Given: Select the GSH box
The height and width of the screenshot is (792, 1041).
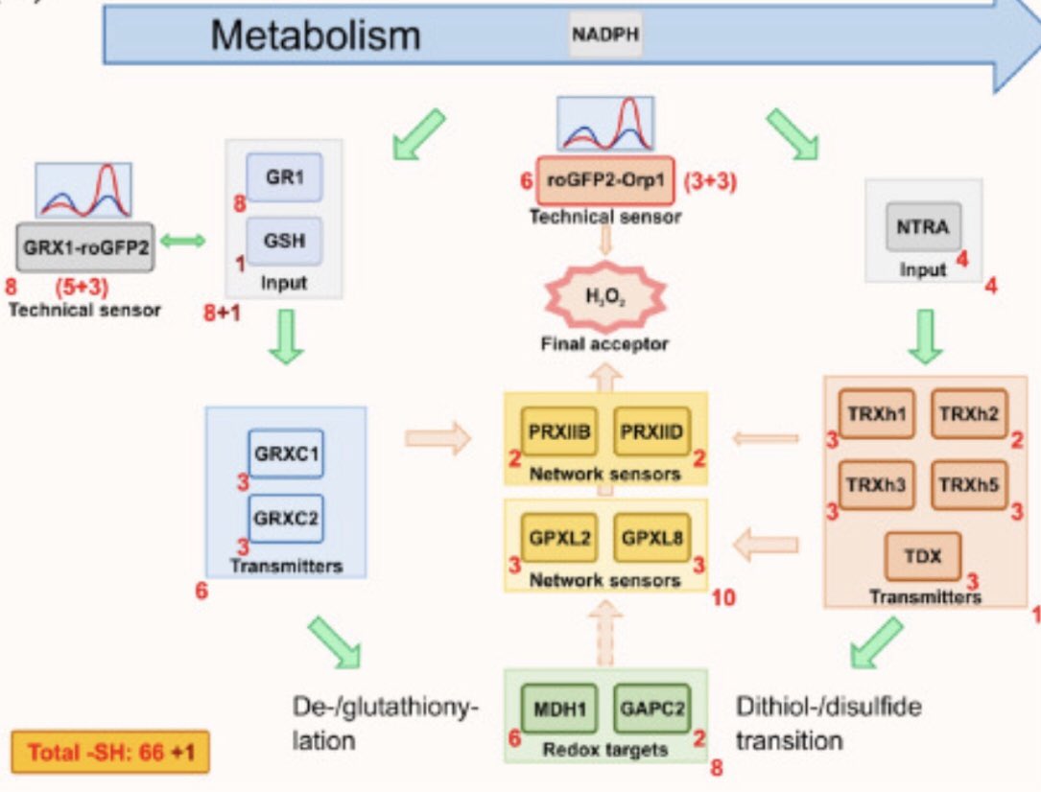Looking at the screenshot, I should pyautogui.click(x=284, y=241).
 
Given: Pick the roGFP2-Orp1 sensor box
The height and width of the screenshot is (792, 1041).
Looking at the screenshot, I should pyautogui.click(x=604, y=179).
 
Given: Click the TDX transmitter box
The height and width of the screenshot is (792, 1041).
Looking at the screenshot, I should pyautogui.click(x=922, y=555).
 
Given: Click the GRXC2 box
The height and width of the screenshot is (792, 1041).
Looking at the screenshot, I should pyautogui.click(x=286, y=519).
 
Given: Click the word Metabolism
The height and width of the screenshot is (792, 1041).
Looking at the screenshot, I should pyautogui.click(x=316, y=36).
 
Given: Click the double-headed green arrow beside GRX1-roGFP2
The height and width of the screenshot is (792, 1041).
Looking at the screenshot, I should pyautogui.click(x=182, y=243).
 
